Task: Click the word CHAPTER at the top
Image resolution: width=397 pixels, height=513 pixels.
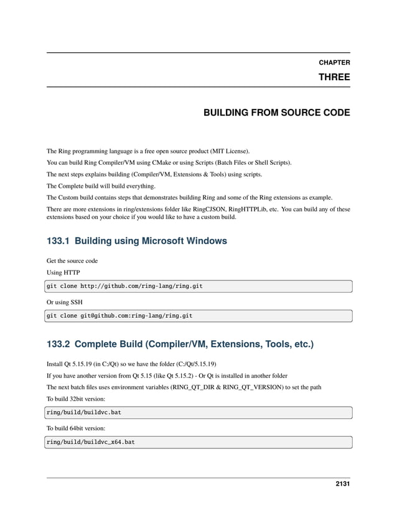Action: click(x=334, y=63)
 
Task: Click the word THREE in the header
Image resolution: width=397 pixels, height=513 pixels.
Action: click(x=334, y=78)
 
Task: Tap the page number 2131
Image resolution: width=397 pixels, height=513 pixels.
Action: click(x=340, y=485)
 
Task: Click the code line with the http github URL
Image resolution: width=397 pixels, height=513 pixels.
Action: click(x=124, y=286)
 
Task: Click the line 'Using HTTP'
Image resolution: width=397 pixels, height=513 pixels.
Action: click(x=63, y=272)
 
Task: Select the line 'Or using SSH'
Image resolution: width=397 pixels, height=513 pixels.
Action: click(x=65, y=302)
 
